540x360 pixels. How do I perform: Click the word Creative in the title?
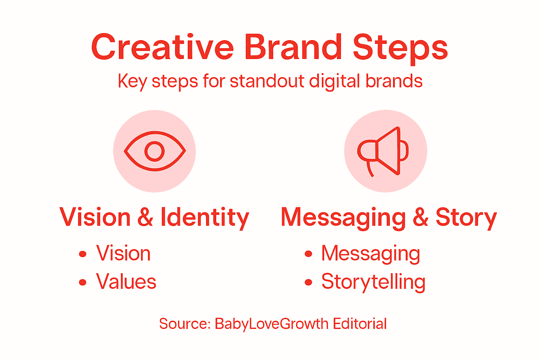pyautogui.click(x=162, y=47)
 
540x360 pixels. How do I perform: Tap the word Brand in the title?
pyautogui.click(x=293, y=47)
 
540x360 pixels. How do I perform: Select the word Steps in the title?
pyautogui.click(x=400, y=48)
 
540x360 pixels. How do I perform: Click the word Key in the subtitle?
pyautogui.click(x=132, y=82)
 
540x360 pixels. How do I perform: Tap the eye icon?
pyautogui.click(x=155, y=151)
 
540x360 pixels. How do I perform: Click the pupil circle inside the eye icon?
pyautogui.click(x=155, y=151)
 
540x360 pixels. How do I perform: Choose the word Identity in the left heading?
pyautogui.click(x=205, y=217)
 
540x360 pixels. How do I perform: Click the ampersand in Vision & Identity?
pyautogui.click(x=146, y=217)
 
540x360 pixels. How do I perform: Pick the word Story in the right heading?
pyautogui.click(x=466, y=218)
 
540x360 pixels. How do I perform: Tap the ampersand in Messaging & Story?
pyautogui.click(x=420, y=217)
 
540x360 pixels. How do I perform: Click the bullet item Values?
pyautogui.click(x=126, y=282)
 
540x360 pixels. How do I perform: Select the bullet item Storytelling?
pyautogui.click(x=373, y=282)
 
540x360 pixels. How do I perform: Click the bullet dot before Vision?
pyautogui.click(x=83, y=254)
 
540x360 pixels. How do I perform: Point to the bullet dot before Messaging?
pyautogui.click(x=308, y=254)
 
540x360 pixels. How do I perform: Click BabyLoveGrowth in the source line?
pyautogui.click(x=271, y=324)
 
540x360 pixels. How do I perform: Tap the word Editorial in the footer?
pyautogui.click(x=360, y=324)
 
